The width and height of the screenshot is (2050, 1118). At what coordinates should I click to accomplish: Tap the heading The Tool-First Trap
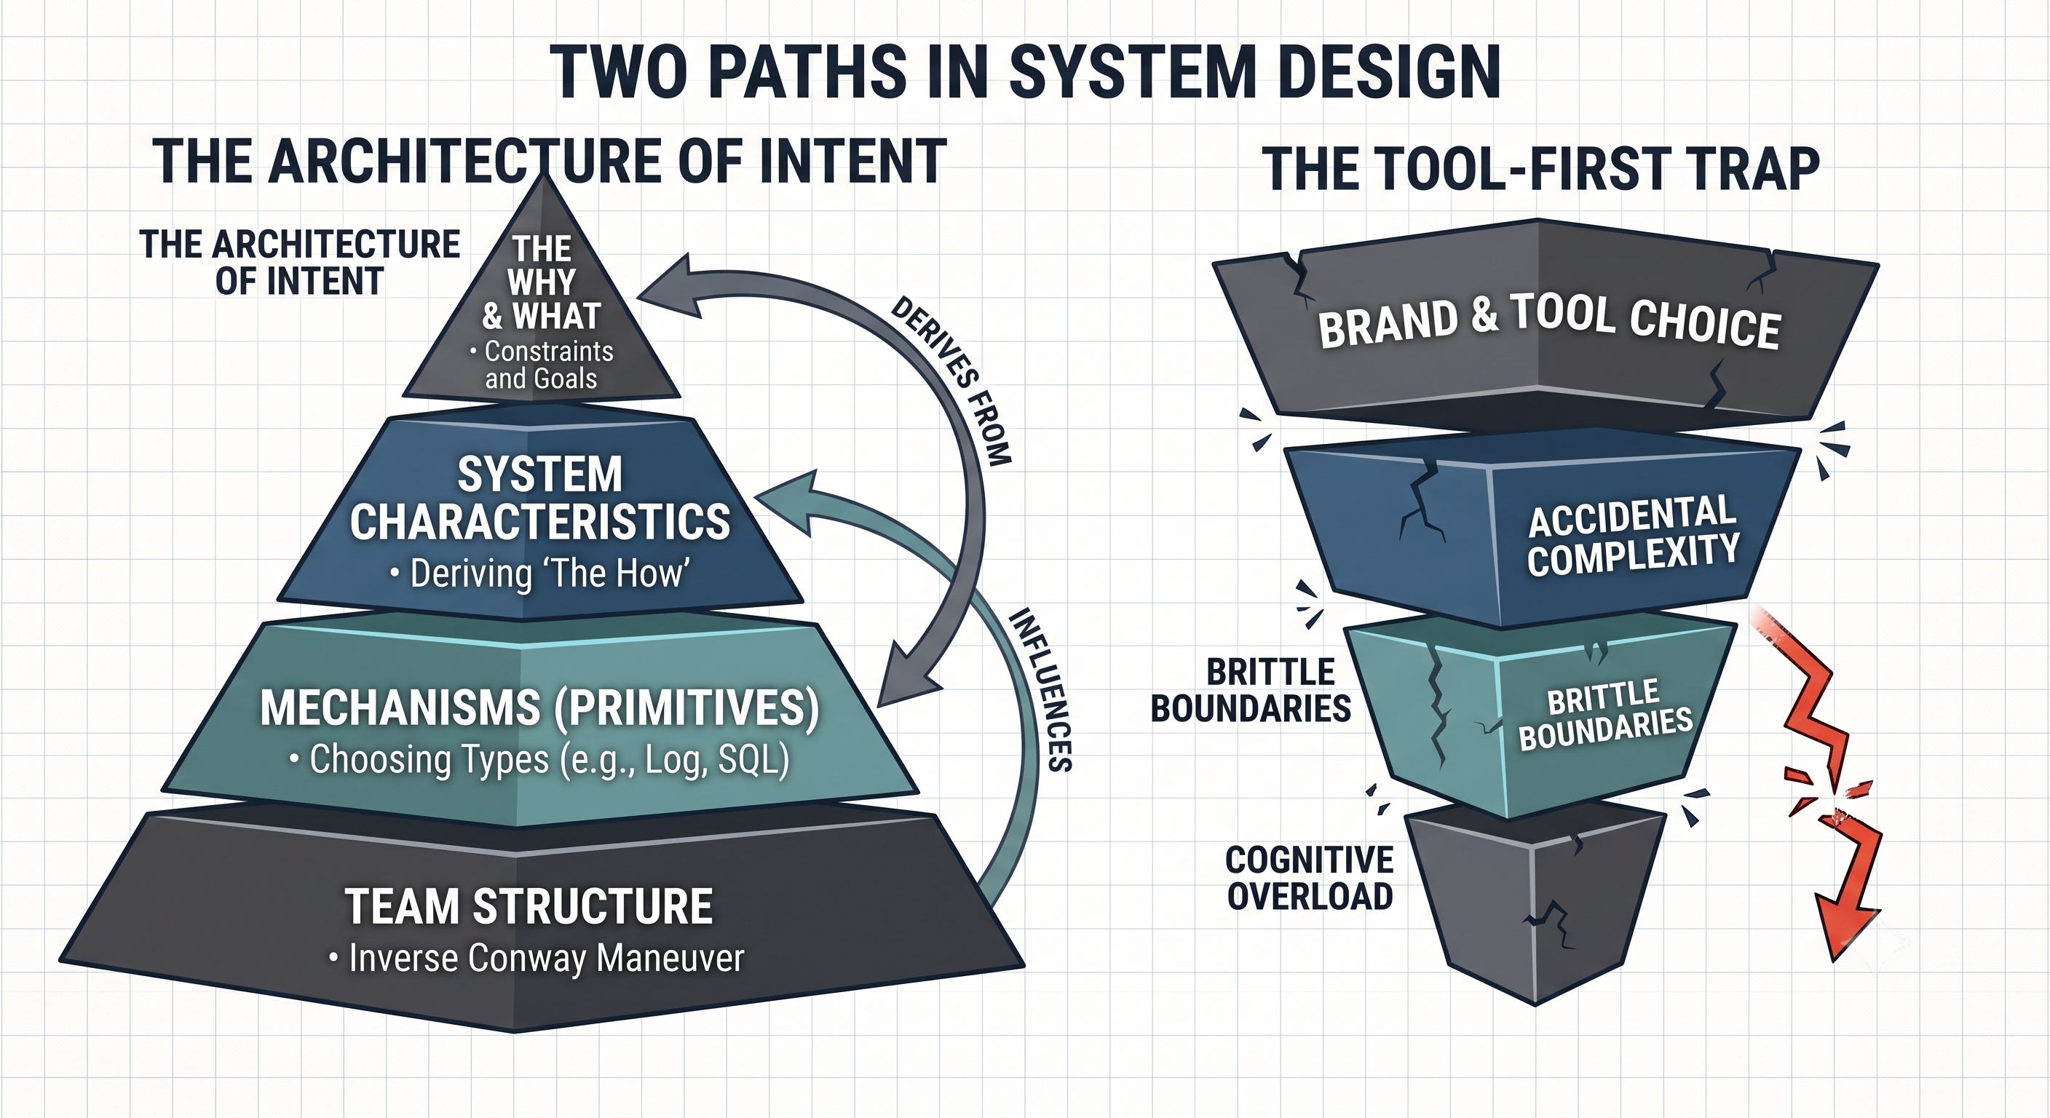pos(1541,169)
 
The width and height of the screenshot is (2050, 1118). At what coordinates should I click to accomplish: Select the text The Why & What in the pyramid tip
pos(541,282)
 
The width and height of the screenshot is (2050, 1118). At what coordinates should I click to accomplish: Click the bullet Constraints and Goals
pos(542,365)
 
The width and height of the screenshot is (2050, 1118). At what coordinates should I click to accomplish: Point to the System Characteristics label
pos(540,499)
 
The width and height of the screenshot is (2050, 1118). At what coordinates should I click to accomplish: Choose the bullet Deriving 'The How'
pos(539,574)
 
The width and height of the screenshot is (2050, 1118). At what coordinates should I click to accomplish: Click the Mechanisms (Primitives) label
pos(539,707)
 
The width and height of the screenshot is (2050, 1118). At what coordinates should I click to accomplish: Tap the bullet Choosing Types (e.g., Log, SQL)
pos(539,759)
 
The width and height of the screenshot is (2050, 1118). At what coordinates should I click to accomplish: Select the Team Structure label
pos(529,906)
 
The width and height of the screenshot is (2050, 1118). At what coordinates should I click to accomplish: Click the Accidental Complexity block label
pos(1632,536)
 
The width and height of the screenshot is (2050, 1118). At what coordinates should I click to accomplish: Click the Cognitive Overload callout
pos(1310,878)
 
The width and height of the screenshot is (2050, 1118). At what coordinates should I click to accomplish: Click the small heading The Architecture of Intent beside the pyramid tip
pos(300,263)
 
